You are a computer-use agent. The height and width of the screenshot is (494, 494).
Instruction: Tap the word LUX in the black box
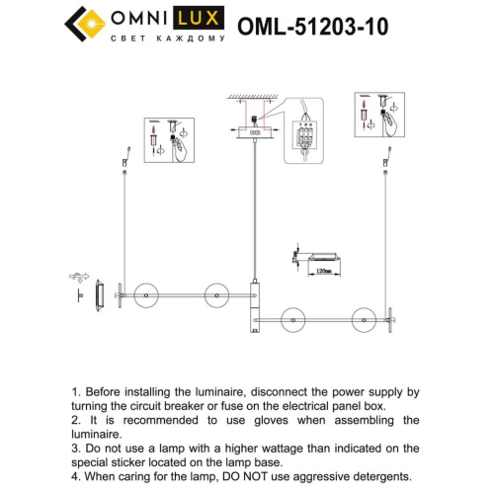point(206,17)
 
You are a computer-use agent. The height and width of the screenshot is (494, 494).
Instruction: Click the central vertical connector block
point(254,310)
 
